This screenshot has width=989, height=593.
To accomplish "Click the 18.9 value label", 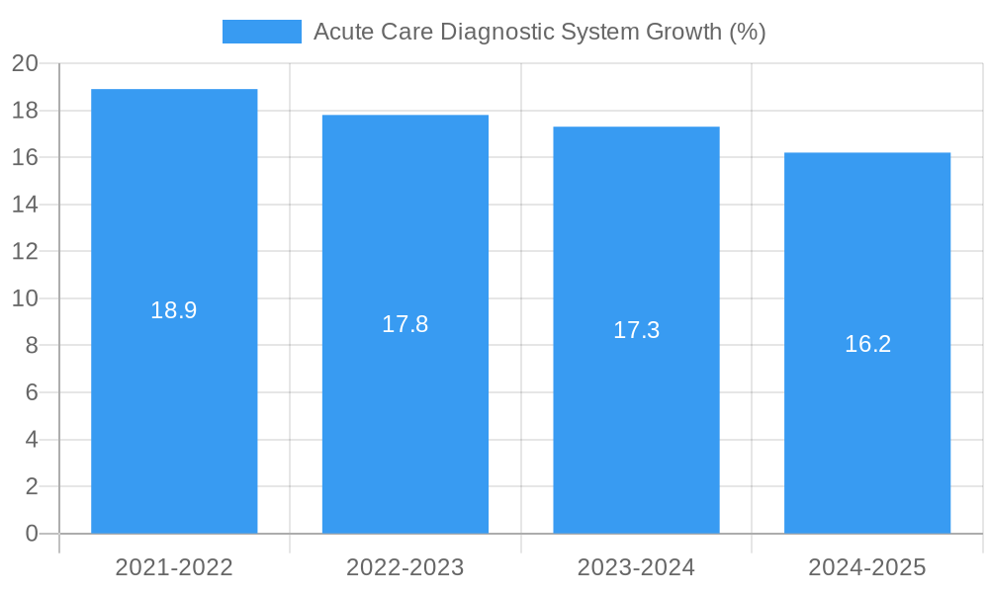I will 174,310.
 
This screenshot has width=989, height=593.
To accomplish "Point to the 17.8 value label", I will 405,324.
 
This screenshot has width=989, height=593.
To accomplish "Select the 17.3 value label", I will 636,330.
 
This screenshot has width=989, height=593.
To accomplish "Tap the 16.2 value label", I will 867,344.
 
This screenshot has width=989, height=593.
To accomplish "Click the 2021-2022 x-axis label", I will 174,567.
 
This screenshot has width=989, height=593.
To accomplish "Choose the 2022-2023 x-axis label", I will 405,567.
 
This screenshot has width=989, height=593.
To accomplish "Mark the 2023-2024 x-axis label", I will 636,567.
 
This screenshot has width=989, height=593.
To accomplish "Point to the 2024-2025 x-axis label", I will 867,567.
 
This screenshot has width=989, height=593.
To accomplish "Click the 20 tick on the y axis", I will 25,64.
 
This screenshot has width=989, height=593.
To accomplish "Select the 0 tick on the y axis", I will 31,534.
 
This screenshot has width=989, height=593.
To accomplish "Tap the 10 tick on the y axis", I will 25,298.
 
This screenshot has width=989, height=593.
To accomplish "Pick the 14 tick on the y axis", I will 25,205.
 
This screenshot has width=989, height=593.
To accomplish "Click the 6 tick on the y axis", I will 31,392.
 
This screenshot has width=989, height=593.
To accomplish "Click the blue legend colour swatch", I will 261,32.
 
